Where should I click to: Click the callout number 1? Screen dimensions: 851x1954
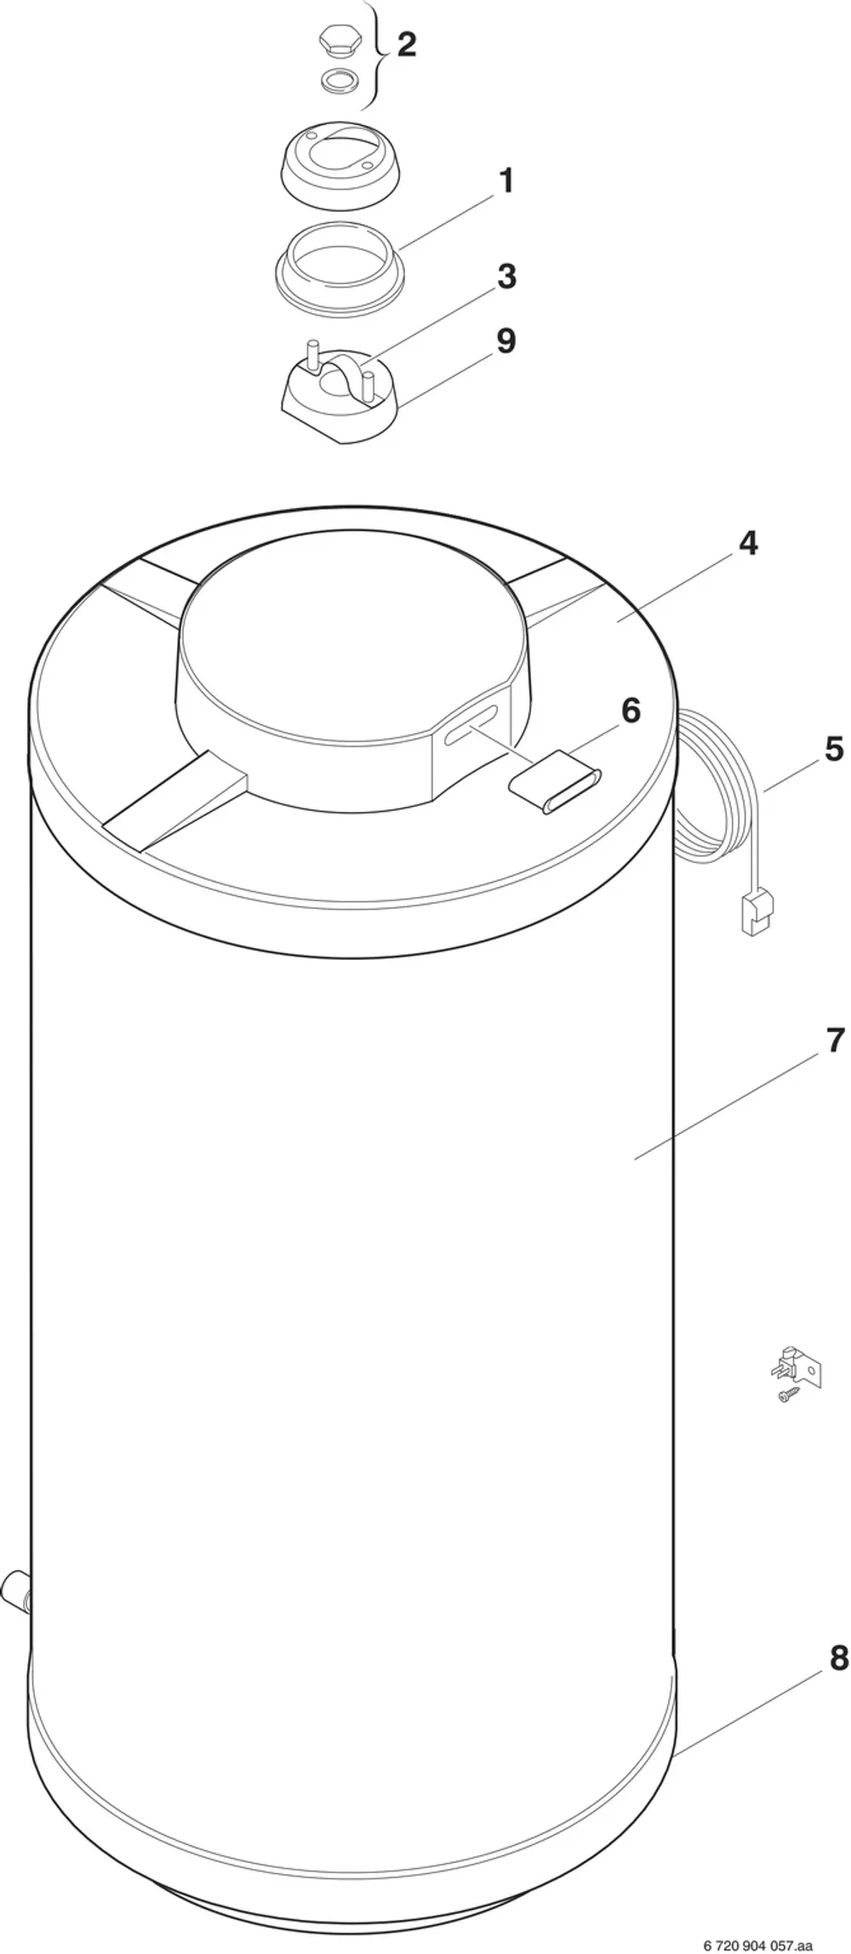[505, 181]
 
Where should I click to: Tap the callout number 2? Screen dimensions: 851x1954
[407, 45]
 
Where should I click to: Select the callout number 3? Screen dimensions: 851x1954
[506, 277]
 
